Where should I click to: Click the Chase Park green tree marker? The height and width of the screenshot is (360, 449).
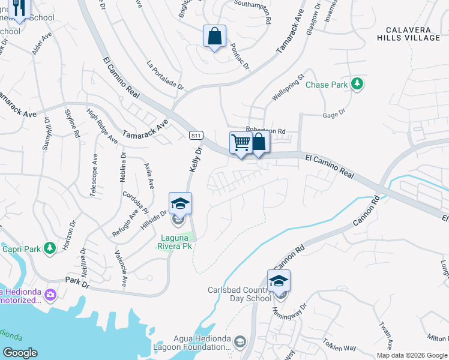click(358, 84)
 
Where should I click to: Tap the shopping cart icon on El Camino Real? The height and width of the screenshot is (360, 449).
click(240, 143)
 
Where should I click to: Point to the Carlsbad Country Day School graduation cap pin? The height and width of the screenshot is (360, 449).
click(279, 281)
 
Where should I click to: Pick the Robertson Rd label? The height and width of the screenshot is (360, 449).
click(265, 130)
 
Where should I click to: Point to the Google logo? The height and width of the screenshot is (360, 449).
click(20, 352)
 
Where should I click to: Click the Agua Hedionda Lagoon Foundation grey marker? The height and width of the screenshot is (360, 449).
click(240, 342)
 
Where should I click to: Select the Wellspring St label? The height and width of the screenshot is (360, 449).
click(289, 87)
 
